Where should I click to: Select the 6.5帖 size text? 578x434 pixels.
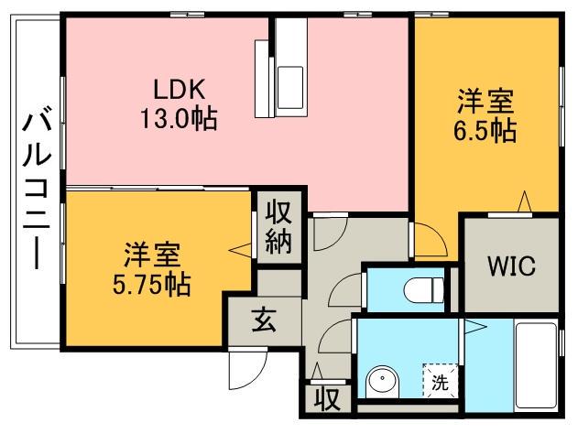pos(485,129)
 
